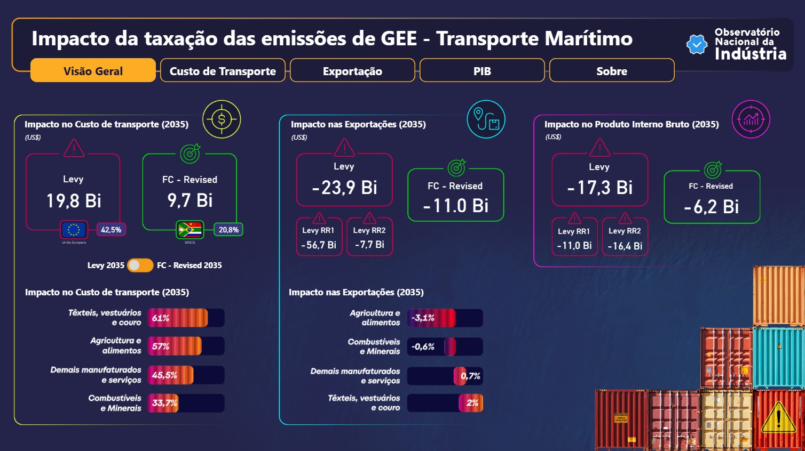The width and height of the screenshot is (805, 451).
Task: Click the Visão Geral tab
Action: click(93, 70)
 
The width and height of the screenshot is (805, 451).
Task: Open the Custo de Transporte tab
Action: click(223, 70)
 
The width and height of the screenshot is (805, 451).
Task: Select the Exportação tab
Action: click(352, 70)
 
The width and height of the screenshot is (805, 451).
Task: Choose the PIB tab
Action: click(482, 70)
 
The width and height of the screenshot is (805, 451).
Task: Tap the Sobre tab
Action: click(612, 70)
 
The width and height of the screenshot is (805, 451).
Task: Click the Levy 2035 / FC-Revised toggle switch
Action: click(140, 265)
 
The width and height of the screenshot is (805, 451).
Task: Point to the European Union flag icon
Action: click(74, 230)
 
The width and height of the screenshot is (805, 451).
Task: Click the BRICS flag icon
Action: click(190, 230)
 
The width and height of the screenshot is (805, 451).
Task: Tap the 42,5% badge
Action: click(111, 230)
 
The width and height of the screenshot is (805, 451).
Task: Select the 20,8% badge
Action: click(228, 230)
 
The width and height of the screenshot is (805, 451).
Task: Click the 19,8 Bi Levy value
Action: click(74, 201)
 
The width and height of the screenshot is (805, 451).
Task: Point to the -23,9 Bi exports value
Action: click(344, 188)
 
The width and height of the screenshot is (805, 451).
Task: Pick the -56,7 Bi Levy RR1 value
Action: click(319, 245)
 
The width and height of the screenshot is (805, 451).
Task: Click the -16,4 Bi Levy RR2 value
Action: click(625, 246)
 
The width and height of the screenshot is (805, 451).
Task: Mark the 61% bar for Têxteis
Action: click(178, 318)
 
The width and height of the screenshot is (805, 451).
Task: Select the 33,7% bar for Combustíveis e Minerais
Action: click(163, 403)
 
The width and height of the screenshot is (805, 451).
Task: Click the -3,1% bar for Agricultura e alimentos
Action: click(431, 318)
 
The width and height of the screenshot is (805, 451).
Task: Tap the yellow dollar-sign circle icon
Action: click(222, 119)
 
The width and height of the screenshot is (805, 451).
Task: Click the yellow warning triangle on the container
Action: click(778, 418)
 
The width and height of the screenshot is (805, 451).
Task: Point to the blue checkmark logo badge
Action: click(697, 44)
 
